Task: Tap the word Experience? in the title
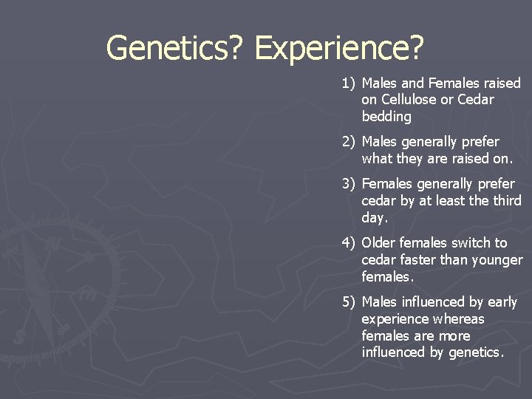(340, 48)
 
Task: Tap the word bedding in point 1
(386, 117)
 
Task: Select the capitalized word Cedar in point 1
(476, 100)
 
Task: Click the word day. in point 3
(375, 218)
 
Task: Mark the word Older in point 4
(378, 243)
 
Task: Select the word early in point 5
(502, 302)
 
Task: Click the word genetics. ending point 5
(469, 352)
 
